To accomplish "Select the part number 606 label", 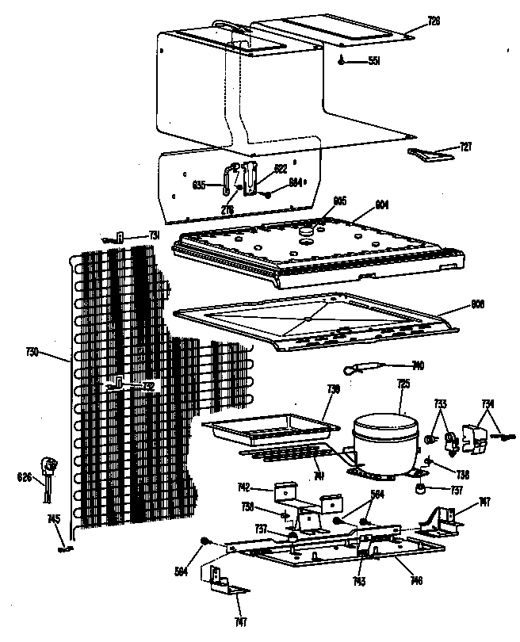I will pyautogui.click(x=478, y=304).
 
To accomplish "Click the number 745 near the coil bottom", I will pyautogui.click(x=53, y=520).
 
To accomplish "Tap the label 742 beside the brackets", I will pyautogui.click(x=244, y=487).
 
